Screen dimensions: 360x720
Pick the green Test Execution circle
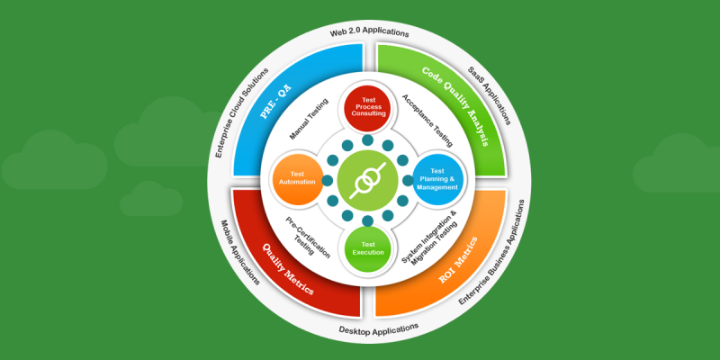tap(368, 248)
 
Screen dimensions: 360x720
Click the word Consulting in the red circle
tap(369, 114)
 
